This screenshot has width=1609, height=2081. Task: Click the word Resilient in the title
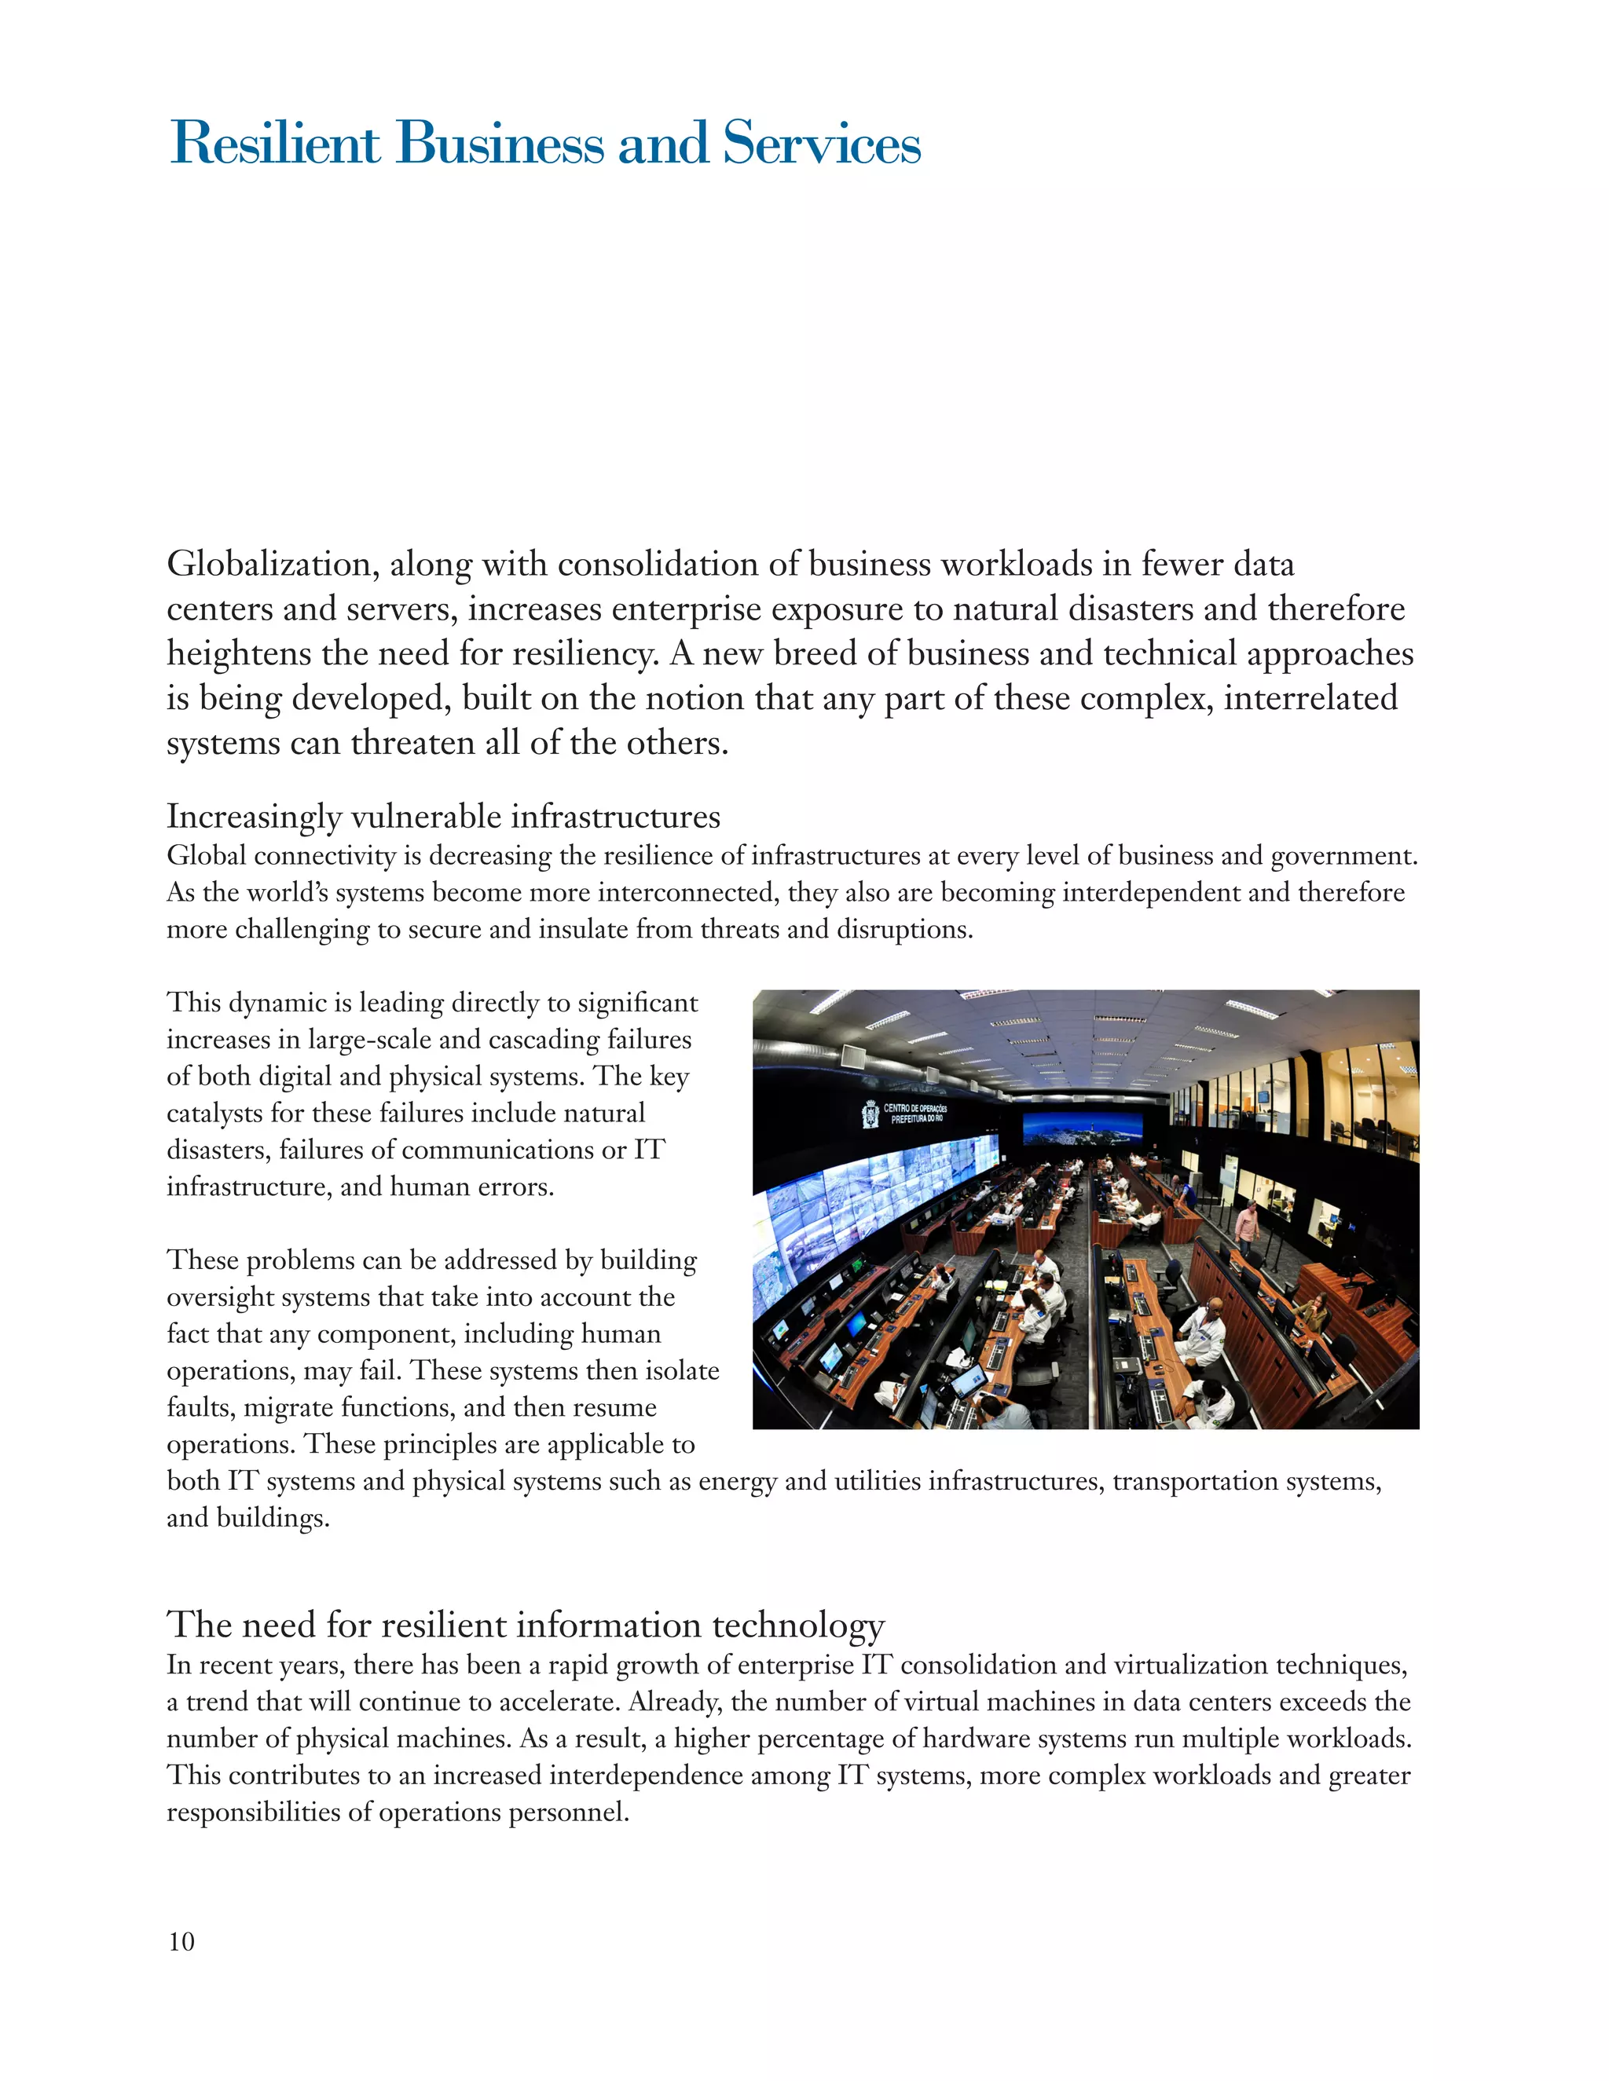(x=274, y=144)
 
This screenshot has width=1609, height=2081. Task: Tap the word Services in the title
(x=821, y=144)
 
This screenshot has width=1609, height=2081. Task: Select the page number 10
(x=181, y=1941)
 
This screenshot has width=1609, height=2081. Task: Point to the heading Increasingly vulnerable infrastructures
(x=443, y=817)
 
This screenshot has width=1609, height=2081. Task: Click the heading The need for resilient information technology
(x=526, y=1624)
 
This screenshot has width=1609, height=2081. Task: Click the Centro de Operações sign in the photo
(x=915, y=1113)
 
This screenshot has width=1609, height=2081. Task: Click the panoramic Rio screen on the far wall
(x=1082, y=1128)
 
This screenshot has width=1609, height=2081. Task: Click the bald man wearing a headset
(x=1206, y=1326)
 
